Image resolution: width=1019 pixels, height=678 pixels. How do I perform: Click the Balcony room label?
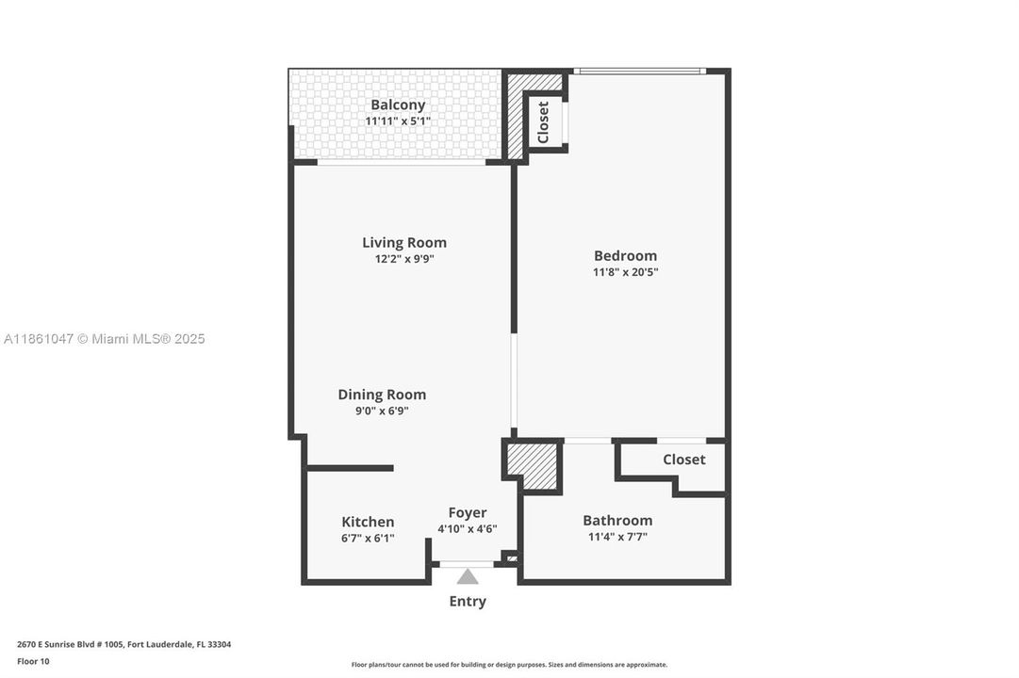click(x=397, y=105)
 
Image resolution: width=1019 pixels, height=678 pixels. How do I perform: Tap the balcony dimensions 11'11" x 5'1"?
click(x=397, y=121)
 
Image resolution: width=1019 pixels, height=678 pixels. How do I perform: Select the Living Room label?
click(x=404, y=242)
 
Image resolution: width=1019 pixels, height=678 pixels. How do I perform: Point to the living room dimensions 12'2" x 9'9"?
click(x=404, y=259)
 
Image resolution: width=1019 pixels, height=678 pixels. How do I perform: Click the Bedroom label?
click(x=625, y=255)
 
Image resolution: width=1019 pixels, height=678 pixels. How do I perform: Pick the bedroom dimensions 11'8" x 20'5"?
click(x=625, y=272)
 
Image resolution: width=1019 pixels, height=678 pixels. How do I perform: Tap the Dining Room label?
click(x=382, y=395)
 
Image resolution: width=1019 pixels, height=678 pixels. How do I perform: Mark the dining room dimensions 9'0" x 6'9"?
click(x=374, y=411)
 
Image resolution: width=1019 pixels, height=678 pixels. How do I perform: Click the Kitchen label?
click(x=368, y=522)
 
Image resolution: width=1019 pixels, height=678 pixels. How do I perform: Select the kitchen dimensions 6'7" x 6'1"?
click(x=368, y=539)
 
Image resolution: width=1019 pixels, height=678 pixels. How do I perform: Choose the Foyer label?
click(x=468, y=512)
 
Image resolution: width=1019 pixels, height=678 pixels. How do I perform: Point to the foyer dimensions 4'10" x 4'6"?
click(x=468, y=529)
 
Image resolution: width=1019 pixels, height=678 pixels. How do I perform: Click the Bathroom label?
click(x=617, y=520)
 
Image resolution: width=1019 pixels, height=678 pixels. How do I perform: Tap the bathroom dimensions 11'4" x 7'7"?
click(x=617, y=537)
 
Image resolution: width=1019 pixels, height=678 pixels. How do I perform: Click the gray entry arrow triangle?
click(x=468, y=576)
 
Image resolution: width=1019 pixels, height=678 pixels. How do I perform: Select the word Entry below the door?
click(x=468, y=601)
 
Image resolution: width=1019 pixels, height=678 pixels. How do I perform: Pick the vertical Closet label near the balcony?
click(x=543, y=122)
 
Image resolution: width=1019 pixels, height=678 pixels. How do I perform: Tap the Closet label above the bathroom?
click(x=683, y=460)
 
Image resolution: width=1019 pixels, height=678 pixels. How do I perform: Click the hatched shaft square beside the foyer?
click(x=533, y=465)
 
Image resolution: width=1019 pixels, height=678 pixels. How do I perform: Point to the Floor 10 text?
click(x=33, y=661)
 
